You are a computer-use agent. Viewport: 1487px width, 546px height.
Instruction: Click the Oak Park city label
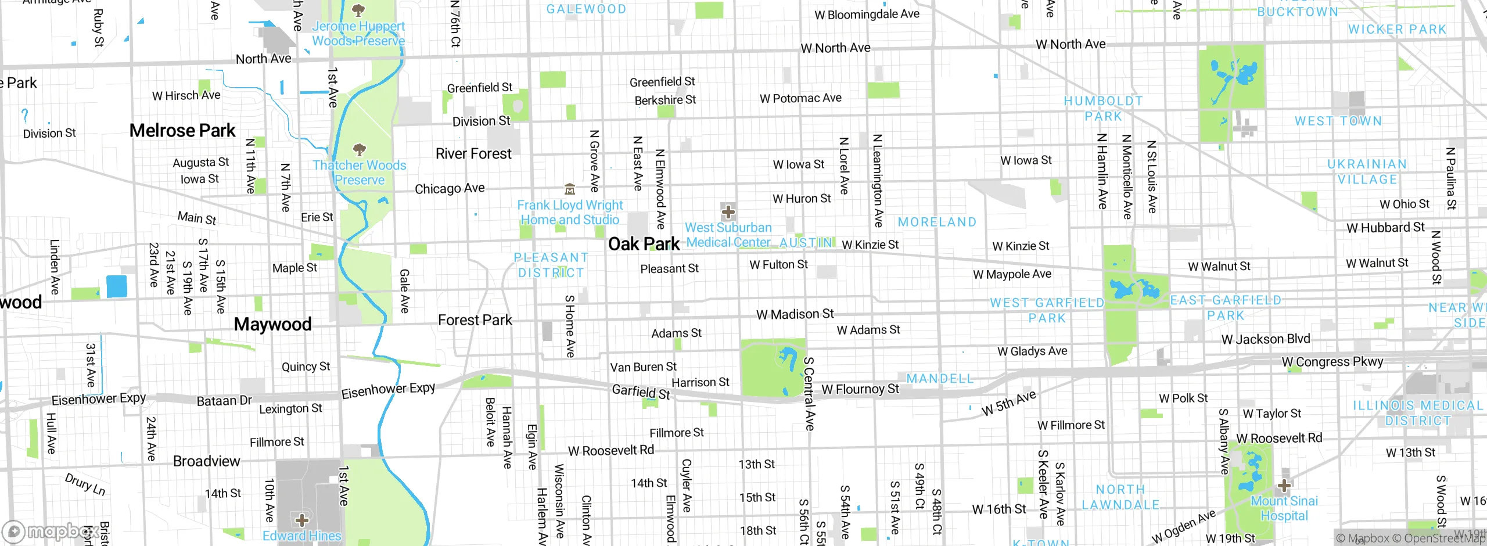tap(644, 244)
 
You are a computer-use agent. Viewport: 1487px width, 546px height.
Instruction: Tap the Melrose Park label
tap(182, 131)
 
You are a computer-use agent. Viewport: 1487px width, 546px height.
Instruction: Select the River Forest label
tap(473, 154)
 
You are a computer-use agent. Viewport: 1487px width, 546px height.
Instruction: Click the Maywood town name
tap(272, 324)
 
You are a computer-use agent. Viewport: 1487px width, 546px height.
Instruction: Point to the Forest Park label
tap(475, 320)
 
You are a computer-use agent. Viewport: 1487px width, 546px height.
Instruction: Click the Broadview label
tap(206, 461)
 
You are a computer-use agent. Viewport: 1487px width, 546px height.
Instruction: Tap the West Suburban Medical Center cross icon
tap(728, 212)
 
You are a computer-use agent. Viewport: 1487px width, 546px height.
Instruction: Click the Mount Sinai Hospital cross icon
tap(1284, 486)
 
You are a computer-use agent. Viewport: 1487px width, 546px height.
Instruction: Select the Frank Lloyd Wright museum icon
tap(570, 189)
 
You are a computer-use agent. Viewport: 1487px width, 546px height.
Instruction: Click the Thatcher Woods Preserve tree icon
tap(360, 150)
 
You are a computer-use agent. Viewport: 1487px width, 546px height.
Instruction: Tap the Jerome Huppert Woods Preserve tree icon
tap(358, 10)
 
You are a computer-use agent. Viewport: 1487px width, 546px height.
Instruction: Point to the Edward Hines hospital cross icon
tap(302, 520)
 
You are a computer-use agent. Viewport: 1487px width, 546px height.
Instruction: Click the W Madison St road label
tap(795, 314)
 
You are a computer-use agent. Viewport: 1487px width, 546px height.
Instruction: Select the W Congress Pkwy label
tap(1332, 362)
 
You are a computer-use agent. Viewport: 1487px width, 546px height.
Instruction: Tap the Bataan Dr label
tap(224, 401)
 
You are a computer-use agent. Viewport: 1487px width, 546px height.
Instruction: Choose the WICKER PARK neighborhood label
tap(1397, 30)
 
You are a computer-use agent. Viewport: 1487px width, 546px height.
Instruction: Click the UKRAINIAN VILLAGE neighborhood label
tap(1367, 172)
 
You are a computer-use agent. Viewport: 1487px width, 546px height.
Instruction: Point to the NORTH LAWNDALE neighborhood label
tap(1120, 497)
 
